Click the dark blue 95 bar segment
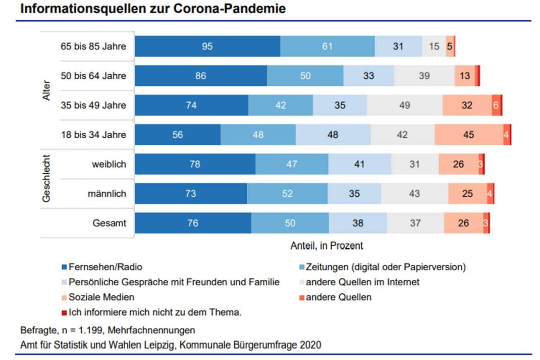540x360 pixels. coord(207,46)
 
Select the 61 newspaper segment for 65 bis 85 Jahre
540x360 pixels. coord(327,46)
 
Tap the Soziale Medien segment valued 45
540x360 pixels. coord(468,135)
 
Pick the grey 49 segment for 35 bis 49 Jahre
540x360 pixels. coord(404,106)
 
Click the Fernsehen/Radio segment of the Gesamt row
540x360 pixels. coord(193,223)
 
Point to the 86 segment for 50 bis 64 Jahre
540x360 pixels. coord(200,76)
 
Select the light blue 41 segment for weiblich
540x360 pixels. coord(359,164)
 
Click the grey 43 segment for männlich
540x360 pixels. coord(414,193)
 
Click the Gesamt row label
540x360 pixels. coord(109,223)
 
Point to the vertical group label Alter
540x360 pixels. coord(47,91)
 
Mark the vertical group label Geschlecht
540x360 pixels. coord(47,178)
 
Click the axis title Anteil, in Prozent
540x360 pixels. coord(327,246)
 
